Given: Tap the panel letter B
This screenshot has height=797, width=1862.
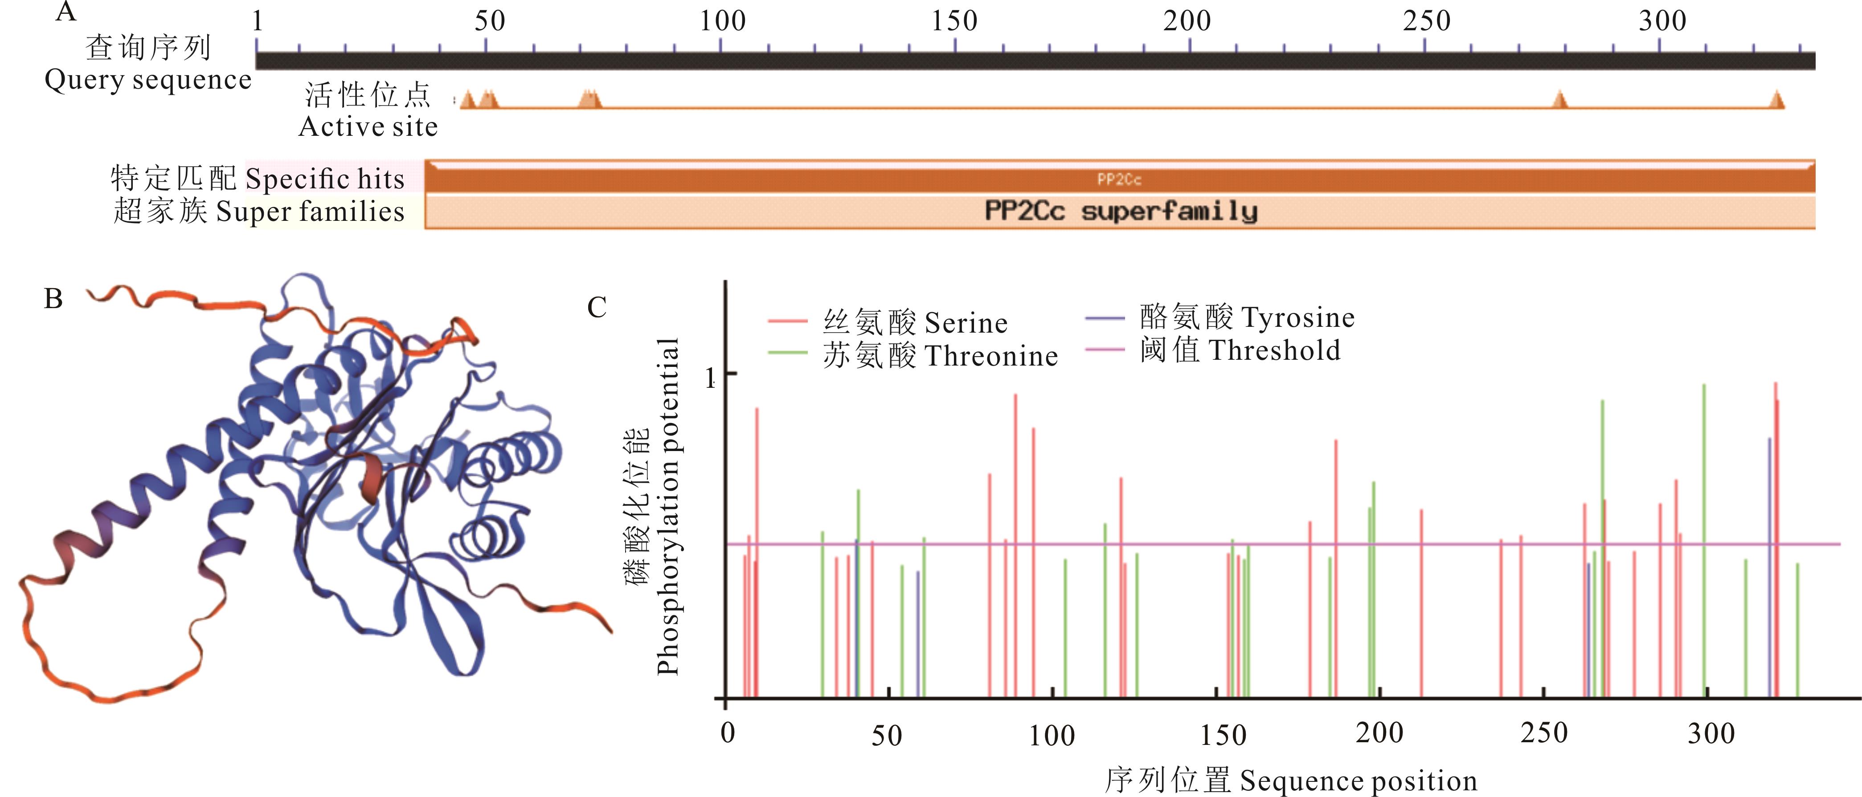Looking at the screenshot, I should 53,298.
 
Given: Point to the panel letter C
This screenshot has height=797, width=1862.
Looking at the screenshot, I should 596,308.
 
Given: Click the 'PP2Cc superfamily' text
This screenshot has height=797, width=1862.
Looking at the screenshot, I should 1121,211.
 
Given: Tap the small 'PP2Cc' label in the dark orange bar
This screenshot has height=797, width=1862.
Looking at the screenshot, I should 1119,179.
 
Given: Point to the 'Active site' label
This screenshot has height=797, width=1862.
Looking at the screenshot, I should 368,126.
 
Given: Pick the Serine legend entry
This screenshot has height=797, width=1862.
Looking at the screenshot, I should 966,323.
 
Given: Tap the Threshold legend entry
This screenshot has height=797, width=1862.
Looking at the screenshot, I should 1274,350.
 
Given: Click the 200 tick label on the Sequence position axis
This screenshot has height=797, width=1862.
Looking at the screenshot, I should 1379,733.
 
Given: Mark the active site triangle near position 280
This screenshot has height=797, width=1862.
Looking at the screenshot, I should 1560,100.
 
